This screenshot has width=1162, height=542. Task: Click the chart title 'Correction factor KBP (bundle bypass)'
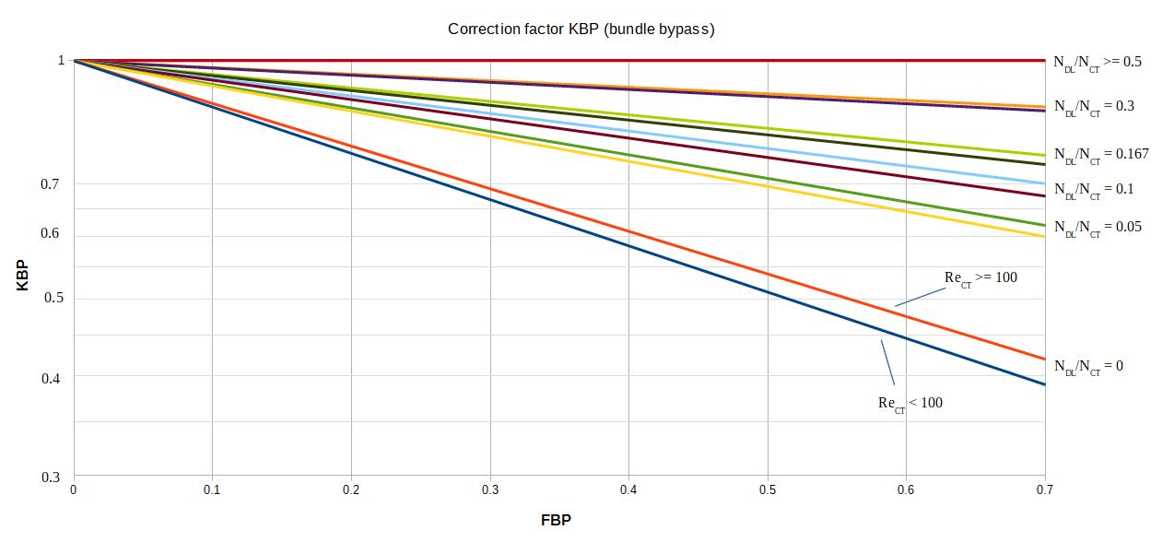[x=581, y=29]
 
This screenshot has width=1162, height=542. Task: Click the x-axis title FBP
[x=556, y=521]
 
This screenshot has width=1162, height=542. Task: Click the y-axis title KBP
[x=22, y=277]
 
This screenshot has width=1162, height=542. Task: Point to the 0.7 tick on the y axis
[x=50, y=184]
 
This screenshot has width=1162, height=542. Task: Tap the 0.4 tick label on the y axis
[x=50, y=377]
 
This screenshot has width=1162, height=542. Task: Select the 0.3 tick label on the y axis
[x=50, y=477]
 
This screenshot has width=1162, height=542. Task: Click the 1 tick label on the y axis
[x=61, y=60]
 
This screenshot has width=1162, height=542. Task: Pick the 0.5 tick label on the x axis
[x=767, y=489]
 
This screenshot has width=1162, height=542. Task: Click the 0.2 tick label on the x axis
[x=351, y=489]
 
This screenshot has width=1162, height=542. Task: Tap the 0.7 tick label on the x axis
[x=1044, y=489]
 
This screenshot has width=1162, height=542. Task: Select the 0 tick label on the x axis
[x=74, y=489]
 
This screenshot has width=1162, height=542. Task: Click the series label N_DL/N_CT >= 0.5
[x=1097, y=63]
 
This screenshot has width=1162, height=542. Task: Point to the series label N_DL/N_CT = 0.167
[x=1101, y=155]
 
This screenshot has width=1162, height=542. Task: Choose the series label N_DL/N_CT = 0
[x=1088, y=367]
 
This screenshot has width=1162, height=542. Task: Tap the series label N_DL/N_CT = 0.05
[x=1097, y=228]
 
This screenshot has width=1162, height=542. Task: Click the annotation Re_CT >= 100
[x=980, y=278]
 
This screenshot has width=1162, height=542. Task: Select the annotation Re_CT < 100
[x=910, y=404]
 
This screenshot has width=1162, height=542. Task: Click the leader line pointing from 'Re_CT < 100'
[x=888, y=362]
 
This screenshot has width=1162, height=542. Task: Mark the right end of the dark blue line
[x=1044, y=384]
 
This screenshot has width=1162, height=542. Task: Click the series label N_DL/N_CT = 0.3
[x=1094, y=107]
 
